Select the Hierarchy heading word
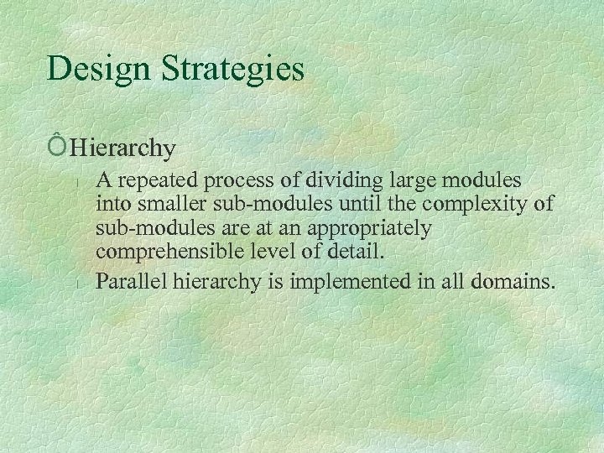122,149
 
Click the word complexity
471,205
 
